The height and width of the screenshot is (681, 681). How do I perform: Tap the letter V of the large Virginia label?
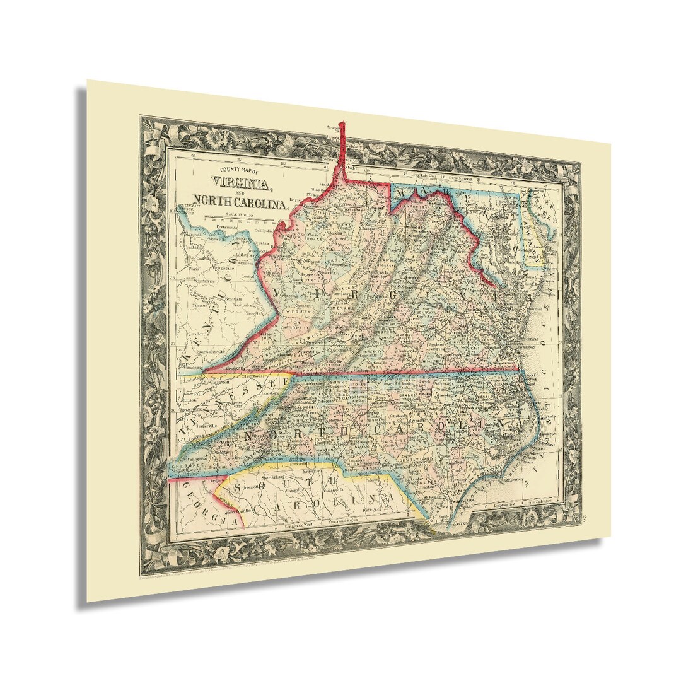[x=282, y=291]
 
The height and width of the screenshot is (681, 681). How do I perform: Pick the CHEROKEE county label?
[x=185, y=461]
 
